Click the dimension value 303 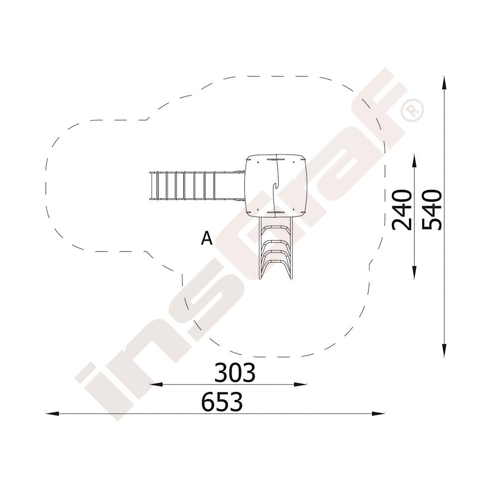click(235, 373)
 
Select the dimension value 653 click(222, 402)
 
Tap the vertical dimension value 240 click(402, 210)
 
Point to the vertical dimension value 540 click(432, 210)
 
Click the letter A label click(207, 238)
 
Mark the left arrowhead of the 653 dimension click(53, 414)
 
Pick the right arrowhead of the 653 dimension click(378, 414)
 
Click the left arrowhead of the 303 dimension click(156, 384)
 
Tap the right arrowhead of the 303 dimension click(300, 384)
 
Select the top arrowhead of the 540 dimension click(444, 83)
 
